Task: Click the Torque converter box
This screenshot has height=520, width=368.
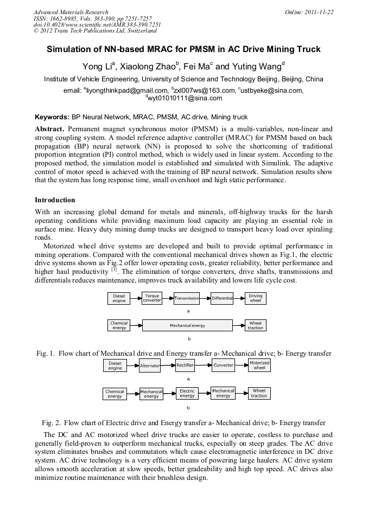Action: (x=152, y=298)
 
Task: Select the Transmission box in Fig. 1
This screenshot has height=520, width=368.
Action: (x=187, y=298)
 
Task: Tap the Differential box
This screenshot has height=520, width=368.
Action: (x=222, y=298)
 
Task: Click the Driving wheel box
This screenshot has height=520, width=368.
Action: (x=255, y=298)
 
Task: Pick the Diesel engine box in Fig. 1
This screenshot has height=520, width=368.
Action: (x=119, y=298)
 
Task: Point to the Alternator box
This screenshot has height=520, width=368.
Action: (x=150, y=365)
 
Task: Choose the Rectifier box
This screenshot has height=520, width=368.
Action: (x=185, y=365)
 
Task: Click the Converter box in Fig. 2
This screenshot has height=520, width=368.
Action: (x=223, y=365)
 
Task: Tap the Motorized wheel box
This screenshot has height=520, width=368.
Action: (x=259, y=365)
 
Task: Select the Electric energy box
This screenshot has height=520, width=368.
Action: (x=187, y=393)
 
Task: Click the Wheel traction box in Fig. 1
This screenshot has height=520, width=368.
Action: (x=255, y=325)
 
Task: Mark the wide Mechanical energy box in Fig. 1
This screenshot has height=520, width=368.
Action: (x=187, y=325)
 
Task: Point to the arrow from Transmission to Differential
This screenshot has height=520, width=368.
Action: (x=205, y=298)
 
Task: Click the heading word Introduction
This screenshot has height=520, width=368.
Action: (x=55, y=200)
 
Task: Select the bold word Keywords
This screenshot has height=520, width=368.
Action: (x=52, y=117)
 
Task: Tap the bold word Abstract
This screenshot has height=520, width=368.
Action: (x=50, y=129)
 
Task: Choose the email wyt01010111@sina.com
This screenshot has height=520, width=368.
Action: (x=185, y=98)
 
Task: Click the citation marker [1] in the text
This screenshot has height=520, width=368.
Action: (x=114, y=269)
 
